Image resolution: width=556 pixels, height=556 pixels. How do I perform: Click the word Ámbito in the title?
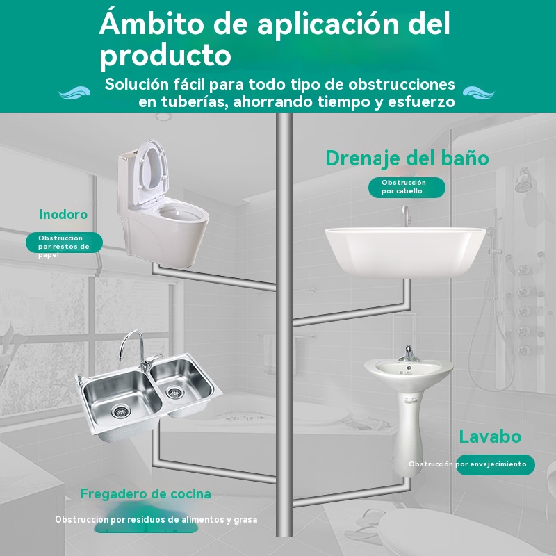152,23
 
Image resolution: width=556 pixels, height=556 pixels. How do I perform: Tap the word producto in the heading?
165,56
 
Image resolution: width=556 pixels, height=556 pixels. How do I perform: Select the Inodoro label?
63,214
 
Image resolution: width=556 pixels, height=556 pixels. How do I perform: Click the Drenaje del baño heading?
407,158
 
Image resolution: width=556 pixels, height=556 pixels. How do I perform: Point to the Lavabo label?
490,436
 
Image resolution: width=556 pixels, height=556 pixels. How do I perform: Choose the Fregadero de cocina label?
146,493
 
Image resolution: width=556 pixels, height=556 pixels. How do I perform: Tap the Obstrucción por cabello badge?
407,187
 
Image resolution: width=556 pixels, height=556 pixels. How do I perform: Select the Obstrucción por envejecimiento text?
467,464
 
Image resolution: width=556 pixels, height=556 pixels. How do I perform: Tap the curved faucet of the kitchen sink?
136,350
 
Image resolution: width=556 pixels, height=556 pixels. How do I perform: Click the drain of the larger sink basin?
121,411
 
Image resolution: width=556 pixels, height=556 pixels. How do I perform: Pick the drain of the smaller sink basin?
175,392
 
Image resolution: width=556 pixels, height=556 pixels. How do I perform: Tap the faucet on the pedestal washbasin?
409,354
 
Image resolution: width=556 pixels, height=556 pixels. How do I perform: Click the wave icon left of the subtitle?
74,93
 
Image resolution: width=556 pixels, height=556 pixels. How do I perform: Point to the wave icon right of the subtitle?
479,93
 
